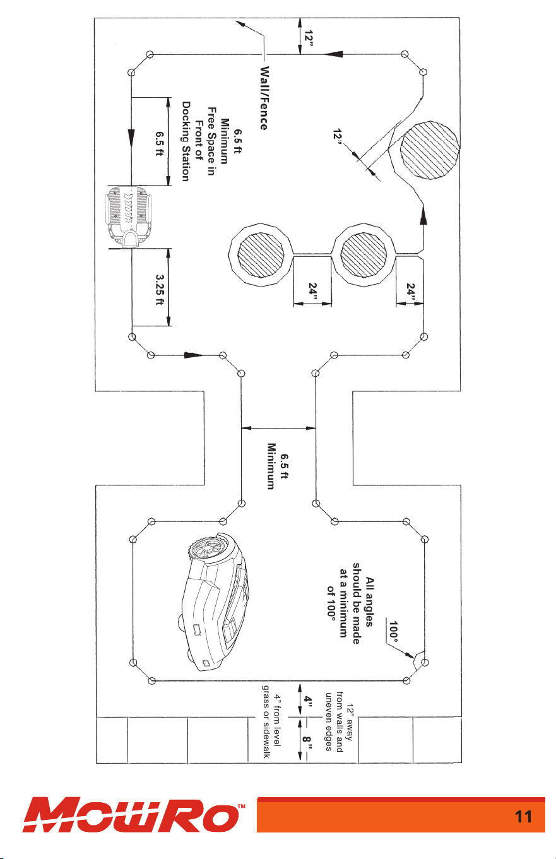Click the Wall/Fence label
(x=263, y=98)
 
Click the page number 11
(x=523, y=817)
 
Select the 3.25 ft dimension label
(x=159, y=290)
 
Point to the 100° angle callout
(x=393, y=632)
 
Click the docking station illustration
(x=128, y=216)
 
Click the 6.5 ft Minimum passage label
(x=277, y=466)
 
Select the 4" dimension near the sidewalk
(x=307, y=699)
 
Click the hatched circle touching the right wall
(x=429, y=150)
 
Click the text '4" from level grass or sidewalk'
(x=271, y=721)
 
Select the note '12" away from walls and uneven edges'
(x=339, y=721)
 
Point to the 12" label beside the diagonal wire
(x=338, y=138)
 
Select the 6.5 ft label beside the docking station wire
(x=159, y=144)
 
